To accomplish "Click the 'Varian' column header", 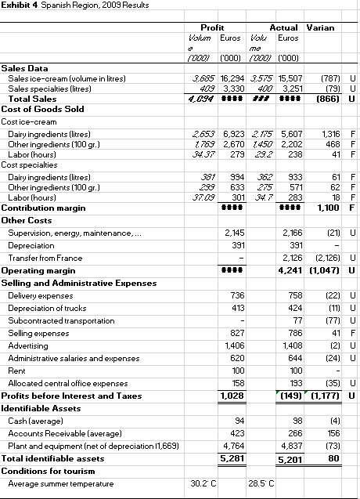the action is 319,28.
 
